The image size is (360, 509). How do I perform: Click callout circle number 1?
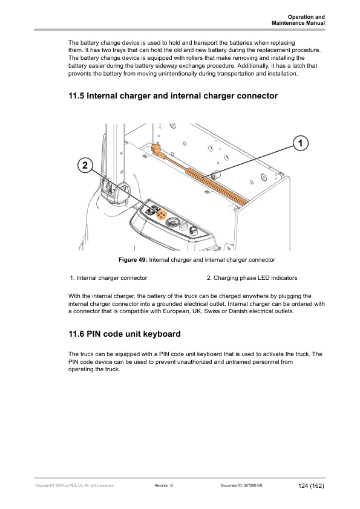(x=300, y=143)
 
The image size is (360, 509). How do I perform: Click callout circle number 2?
(x=85, y=165)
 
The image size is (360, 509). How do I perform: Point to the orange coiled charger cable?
(x=217, y=186)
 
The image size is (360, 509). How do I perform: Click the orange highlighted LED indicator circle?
(x=162, y=215)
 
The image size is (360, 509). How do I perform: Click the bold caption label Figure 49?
(x=133, y=260)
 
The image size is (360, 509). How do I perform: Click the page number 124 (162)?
(x=311, y=485)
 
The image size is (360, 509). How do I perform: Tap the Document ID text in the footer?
(x=241, y=485)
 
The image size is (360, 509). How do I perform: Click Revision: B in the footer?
(x=164, y=485)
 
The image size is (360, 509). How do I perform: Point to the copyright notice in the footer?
(x=75, y=485)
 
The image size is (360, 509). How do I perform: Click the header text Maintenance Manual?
(x=298, y=23)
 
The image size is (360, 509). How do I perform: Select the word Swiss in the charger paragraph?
(x=212, y=311)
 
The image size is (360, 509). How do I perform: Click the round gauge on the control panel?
(x=172, y=223)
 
